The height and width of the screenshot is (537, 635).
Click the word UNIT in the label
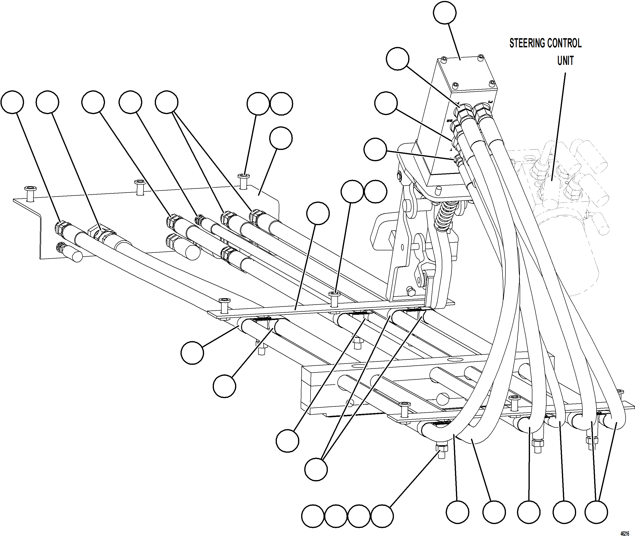pos(565,61)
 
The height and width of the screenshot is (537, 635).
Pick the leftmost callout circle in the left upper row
pos(12,102)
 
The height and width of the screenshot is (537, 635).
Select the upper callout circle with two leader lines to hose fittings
pos(166,102)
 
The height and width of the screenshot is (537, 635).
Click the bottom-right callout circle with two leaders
pos(596,512)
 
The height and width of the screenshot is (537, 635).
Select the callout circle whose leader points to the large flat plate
pos(281,138)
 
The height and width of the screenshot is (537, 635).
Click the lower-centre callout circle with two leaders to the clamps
pos(316,470)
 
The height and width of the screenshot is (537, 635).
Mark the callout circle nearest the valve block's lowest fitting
pos(375,149)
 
